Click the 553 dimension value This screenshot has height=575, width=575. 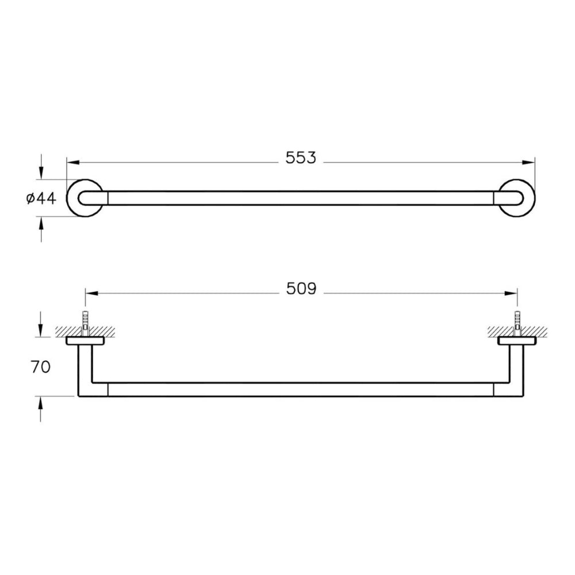[300, 158]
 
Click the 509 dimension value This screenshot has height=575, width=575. [301, 289]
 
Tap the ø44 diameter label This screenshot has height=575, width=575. [41, 198]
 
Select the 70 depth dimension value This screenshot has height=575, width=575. [40, 367]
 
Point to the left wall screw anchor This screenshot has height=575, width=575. [86, 323]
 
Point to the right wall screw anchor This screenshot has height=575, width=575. [517, 323]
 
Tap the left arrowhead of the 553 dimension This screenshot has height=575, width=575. [73, 162]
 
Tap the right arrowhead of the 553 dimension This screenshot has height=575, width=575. [528, 162]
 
